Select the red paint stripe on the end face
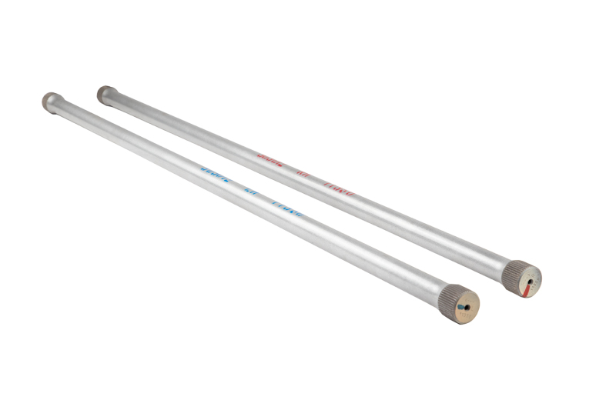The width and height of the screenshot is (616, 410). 525,290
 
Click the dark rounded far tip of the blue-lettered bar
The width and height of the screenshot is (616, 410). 50,99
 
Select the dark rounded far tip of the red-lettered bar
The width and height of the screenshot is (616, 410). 105,93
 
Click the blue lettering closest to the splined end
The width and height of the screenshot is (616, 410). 287,208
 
